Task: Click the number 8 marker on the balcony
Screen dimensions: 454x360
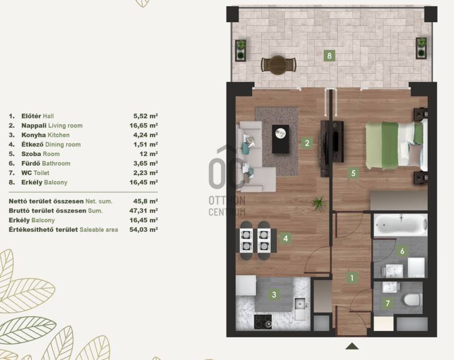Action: point(329,55)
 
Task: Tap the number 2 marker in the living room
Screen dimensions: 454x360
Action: point(307,143)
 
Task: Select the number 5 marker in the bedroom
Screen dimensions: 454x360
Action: point(353,173)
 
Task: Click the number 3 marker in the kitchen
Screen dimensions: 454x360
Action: point(274,295)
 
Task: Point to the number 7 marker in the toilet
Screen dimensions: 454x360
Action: point(388,303)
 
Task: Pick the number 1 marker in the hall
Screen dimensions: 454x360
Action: point(352,278)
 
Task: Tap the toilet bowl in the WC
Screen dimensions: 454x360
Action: point(412,299)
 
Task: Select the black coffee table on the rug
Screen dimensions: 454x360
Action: point(280,139)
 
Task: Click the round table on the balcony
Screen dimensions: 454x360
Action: point(278,65)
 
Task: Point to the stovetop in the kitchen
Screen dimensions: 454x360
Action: point(263,321)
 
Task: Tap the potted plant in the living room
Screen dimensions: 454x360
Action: point(319,202)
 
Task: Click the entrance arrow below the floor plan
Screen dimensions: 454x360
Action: point(352,346)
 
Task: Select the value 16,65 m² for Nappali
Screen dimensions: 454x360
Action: point(144,125)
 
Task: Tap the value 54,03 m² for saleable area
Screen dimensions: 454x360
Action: point(144,230)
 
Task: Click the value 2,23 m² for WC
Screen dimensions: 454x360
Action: point(146,173)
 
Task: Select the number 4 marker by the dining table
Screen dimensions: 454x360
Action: point(286,239)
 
